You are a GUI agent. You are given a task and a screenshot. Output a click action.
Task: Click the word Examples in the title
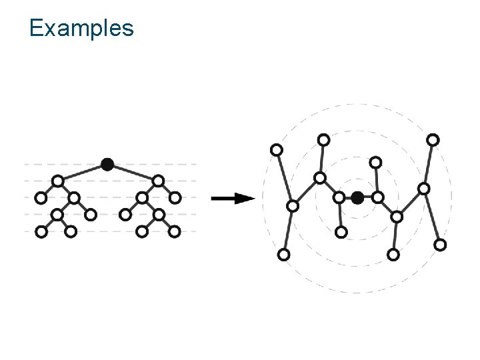81,28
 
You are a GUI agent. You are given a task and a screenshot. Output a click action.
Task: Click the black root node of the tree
107,164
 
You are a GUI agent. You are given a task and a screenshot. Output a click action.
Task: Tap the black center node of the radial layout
357,197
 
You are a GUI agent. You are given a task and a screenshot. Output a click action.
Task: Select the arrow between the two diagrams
233,198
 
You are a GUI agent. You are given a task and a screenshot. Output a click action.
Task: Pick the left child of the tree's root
58,181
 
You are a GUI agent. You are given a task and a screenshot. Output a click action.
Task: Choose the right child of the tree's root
158,181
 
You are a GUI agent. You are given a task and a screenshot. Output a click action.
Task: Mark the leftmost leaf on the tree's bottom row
41,231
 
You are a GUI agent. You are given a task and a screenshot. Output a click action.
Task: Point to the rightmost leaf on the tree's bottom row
175,231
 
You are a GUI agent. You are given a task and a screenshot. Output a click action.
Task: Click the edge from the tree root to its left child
83,172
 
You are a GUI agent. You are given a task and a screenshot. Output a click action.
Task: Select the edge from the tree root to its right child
133,172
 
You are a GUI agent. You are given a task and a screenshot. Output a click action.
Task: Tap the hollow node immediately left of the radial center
339,197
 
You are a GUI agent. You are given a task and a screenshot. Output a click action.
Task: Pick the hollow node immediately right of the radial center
377,197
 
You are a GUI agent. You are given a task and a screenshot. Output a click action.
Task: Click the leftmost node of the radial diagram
276,149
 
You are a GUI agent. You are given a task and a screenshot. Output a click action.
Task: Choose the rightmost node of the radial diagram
440,245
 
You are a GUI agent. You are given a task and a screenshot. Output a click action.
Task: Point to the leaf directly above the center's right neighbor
376,162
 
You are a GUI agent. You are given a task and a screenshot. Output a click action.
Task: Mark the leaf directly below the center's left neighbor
341,232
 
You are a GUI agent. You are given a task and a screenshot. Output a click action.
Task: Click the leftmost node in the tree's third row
41,198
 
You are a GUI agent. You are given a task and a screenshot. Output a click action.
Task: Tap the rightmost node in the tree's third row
175,198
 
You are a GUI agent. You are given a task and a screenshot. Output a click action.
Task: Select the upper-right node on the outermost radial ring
433,139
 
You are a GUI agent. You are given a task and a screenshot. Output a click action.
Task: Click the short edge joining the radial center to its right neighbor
368,197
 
